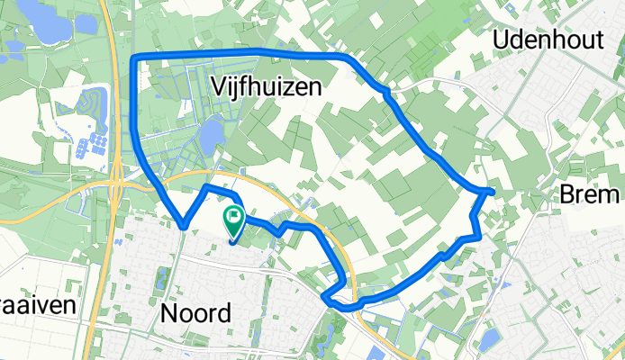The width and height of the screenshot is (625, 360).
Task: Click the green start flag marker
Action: [234, 218]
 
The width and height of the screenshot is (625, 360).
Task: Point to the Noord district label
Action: [195, 312]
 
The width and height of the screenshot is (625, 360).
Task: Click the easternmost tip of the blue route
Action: [493, 191]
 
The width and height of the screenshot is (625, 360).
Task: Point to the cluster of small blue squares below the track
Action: [95, 142]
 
